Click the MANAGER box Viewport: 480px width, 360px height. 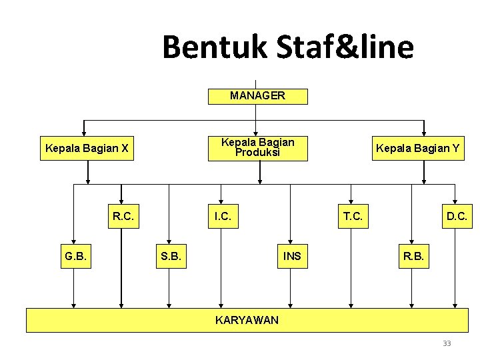(258, 96)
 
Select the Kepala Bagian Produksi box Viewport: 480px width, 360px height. (258, 147)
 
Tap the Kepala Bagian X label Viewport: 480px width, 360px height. (87, 148)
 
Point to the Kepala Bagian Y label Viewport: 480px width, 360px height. (417, 148)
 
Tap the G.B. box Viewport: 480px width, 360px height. (75, 257)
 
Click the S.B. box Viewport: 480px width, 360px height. (171, 257)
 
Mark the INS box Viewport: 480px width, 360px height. (292, 257)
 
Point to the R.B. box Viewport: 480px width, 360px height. (412, 257)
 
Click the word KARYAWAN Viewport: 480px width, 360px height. (247, 321)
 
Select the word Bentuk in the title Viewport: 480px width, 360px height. (213, 47)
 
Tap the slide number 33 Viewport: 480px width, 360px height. (447, 343)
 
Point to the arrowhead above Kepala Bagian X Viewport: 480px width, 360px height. (84, 131)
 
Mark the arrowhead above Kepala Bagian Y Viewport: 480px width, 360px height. (424, 131)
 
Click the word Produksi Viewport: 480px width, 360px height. (258, 153)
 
